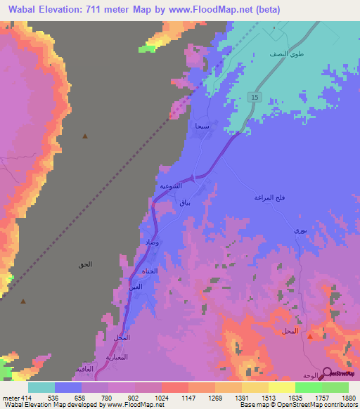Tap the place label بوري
[300, 231]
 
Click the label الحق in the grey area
[84, 265]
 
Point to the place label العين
[135, 287]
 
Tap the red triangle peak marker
[310, 336]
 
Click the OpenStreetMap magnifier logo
[326, 372]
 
